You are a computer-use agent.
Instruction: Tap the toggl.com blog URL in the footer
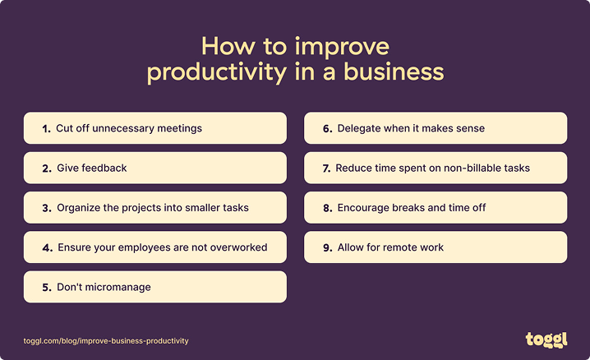106,340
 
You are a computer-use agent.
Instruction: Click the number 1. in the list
46,128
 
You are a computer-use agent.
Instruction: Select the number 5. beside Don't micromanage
47,287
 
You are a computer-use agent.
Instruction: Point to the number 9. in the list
327,247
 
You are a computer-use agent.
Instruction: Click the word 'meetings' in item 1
180,128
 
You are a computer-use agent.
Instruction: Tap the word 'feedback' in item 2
104,168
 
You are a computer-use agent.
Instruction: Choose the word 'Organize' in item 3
78,208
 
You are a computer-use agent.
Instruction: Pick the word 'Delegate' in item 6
359,128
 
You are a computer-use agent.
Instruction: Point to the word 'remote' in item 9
414,247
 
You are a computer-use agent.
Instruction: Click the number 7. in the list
327,168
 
